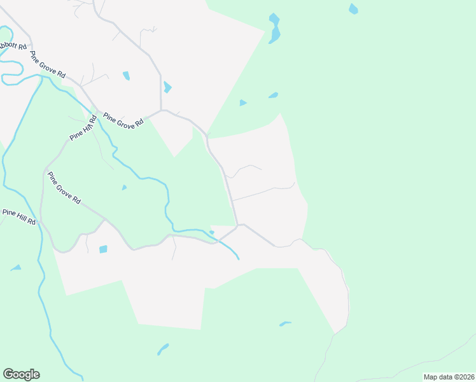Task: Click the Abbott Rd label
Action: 13,46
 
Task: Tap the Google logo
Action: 21,374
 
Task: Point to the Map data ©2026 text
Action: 448,377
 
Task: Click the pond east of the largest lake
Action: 353,9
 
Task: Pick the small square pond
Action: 103,249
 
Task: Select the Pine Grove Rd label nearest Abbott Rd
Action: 48,65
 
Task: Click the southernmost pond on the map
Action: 163,349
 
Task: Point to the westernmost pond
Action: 15,268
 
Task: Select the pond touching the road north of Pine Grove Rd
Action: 167,87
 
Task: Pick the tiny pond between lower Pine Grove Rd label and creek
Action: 124,187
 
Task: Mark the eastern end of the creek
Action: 239,258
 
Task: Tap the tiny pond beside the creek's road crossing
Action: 211,232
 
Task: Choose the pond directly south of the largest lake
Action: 273,95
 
